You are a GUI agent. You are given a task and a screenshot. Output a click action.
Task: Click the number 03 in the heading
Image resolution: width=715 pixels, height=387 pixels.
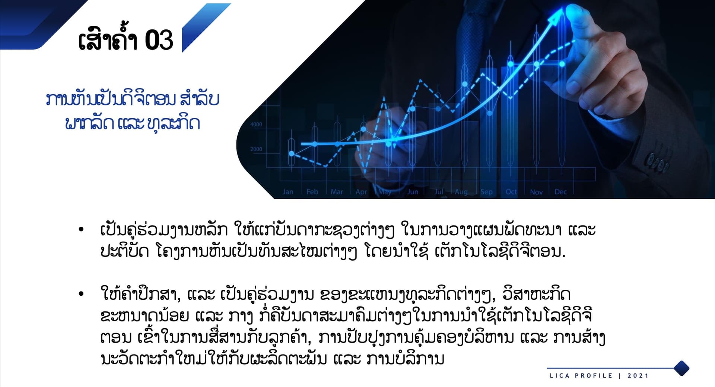coord(159,40)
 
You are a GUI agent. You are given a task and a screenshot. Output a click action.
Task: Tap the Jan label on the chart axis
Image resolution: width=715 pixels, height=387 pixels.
coord(288,192)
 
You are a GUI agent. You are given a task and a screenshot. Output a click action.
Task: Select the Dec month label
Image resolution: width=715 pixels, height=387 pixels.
coord(560,192)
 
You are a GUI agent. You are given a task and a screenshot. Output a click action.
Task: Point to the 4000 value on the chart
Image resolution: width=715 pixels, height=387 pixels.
coord(256,125)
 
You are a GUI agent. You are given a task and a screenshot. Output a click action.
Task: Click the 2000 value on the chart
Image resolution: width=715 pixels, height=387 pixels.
coord(256,149)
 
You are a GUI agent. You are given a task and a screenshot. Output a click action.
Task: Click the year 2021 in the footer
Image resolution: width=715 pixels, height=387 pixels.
coord(638,375)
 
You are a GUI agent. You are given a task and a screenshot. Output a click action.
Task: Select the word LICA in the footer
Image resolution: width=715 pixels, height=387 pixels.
coord(560,375)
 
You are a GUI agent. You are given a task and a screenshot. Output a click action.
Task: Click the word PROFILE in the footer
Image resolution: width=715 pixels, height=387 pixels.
coord(594,375)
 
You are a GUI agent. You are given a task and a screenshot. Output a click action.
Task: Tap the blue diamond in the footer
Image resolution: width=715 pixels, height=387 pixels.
coord(681,368)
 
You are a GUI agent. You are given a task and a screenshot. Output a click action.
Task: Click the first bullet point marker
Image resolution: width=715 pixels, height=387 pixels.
coord(81,229)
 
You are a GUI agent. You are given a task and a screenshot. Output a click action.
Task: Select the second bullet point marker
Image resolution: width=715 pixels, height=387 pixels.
coord(81,294)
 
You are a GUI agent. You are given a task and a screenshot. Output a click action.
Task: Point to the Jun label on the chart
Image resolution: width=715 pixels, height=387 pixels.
coord(413,192)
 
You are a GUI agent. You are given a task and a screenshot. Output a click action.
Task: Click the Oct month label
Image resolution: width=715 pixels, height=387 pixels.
coord(511,192)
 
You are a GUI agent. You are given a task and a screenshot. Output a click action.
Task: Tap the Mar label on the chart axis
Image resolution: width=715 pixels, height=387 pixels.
coord(337,192)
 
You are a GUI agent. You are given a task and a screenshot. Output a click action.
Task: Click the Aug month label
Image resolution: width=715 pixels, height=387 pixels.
coord(461,192)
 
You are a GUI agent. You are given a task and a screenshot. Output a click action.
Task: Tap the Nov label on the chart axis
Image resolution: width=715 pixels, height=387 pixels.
coord(536,192)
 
